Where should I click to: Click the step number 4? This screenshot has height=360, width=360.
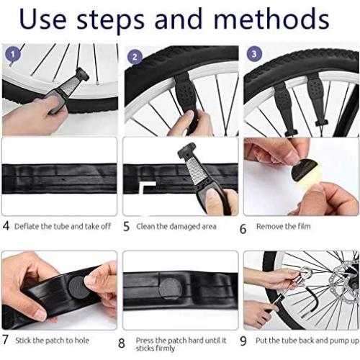click(6, 226)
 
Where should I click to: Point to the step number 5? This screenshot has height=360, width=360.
click(126, 227)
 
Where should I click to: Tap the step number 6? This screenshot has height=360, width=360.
click(243, 228)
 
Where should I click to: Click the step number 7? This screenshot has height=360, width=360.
click(6, 338)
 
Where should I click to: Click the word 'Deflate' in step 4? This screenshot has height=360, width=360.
click(28, 225)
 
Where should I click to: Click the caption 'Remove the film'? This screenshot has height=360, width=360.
click(284, 225)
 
